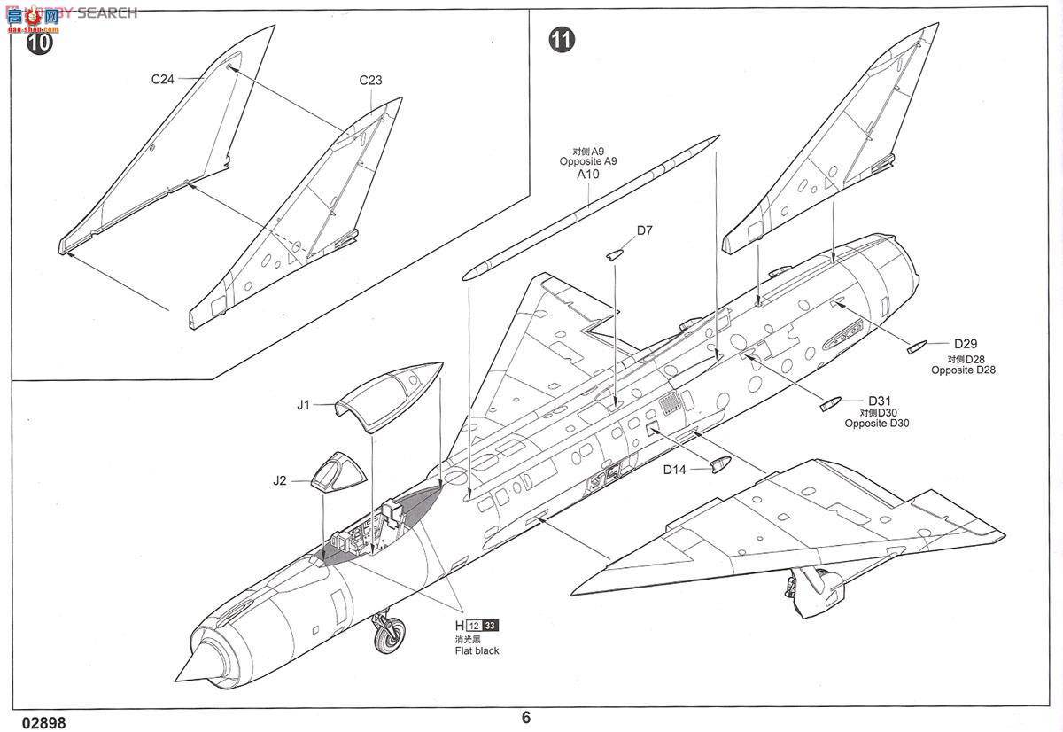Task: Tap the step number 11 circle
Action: pyautogui.click(x=561, y=40)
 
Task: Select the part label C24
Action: pyautogui.click(x=162, y=79)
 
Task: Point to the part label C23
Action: pyautogui.click(x=370, y=80)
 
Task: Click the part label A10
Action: pyautogui.click(x=588, y=175)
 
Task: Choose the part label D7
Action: pyautogui.click(x=644, y=230)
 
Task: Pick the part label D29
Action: pyautogui.click(x=965, y=344)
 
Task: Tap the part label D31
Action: pyautogui.click(x=880, y=401)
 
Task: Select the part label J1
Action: pyautogui.click(x=303, y=405)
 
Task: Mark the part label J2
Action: pyautogui.click(x=280, y=480)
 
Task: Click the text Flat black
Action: pyautogui.click(x=475, y=650)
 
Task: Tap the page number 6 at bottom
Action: pyautogui.click(x=526, y=717)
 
